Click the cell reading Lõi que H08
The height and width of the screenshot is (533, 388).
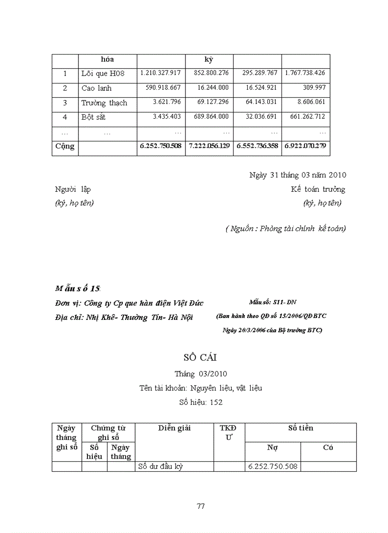point(103,74)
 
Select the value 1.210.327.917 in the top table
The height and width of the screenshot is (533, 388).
point(160,73)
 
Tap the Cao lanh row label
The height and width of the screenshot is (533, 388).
point(97,88)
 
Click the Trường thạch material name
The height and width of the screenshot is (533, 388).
point(104,103)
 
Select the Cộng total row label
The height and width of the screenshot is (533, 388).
point(65,146)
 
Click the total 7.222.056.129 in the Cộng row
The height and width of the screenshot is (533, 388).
point(209,146)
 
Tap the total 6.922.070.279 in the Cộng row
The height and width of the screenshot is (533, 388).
point(305,146)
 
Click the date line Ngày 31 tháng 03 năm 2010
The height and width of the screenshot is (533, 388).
point(298,175)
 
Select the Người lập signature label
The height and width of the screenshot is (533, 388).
point(73,189)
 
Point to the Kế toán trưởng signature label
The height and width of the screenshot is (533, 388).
point(318,189)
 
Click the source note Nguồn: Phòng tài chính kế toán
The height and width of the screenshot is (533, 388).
point(285,229)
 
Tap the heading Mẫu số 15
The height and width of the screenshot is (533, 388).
point(78,289)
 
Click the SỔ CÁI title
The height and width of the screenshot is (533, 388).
point(200,357)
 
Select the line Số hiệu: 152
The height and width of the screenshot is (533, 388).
point(201,402)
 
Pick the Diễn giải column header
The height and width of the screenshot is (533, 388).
point(174,428)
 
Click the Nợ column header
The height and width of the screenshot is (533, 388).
point(272,448)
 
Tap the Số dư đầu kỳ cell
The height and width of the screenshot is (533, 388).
point(160,467)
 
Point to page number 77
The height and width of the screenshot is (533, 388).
point(201,506)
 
